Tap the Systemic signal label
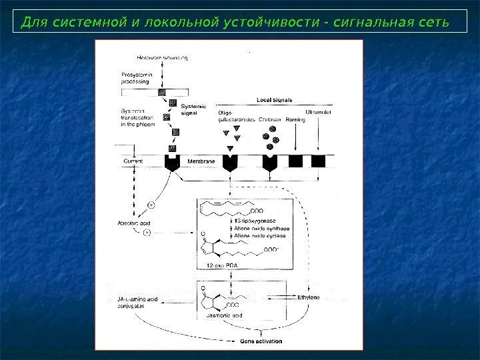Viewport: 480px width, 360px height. (x=194, y=109)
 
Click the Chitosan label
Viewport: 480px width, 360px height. (x=271, y=120)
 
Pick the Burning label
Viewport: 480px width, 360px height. (x=295, y=120)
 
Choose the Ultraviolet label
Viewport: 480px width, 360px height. (x=319, y=112)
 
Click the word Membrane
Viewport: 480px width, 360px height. (x=199, y=161)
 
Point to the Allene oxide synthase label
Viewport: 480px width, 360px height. (x=260, y=228)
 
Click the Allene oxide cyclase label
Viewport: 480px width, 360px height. (x=257, y=235)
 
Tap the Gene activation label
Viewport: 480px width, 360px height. (x=261, y=341)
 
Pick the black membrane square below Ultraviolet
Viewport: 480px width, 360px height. (x=318, y=161)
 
